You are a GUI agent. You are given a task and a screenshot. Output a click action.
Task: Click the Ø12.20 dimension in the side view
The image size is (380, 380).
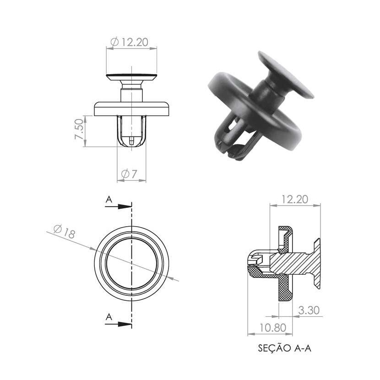[x=129, y=42]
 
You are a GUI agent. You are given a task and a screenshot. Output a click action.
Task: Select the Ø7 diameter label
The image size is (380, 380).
[x=129, y=174]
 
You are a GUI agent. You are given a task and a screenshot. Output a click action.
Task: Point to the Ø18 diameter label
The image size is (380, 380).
[x=64, y=231]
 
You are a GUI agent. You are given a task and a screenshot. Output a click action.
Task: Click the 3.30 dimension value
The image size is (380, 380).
[x=309, y=310]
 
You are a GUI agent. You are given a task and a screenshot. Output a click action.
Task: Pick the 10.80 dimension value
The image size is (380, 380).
[x=273, y=328]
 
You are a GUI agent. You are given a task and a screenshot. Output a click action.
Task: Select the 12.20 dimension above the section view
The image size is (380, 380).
[x=294, y=199]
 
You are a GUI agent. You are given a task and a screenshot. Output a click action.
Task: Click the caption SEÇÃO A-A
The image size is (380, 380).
[x=284, y=348]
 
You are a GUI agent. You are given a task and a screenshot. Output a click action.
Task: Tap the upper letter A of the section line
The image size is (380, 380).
[x=109, y=200]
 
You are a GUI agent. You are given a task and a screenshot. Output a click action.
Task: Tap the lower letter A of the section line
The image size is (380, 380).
[x=109, y=317]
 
